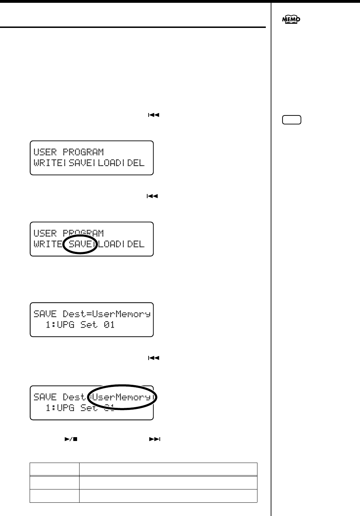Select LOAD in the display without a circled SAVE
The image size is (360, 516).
tap(109, 163)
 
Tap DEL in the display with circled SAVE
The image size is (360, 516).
tap(136, 244)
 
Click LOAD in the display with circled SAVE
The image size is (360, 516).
tap(109, 244)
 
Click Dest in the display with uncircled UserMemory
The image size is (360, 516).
tap(74, 314)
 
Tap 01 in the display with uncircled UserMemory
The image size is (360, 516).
tap(110, 325)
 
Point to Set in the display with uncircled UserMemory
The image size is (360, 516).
tap(89, 325)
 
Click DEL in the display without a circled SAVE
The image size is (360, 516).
tap(136, 163)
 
